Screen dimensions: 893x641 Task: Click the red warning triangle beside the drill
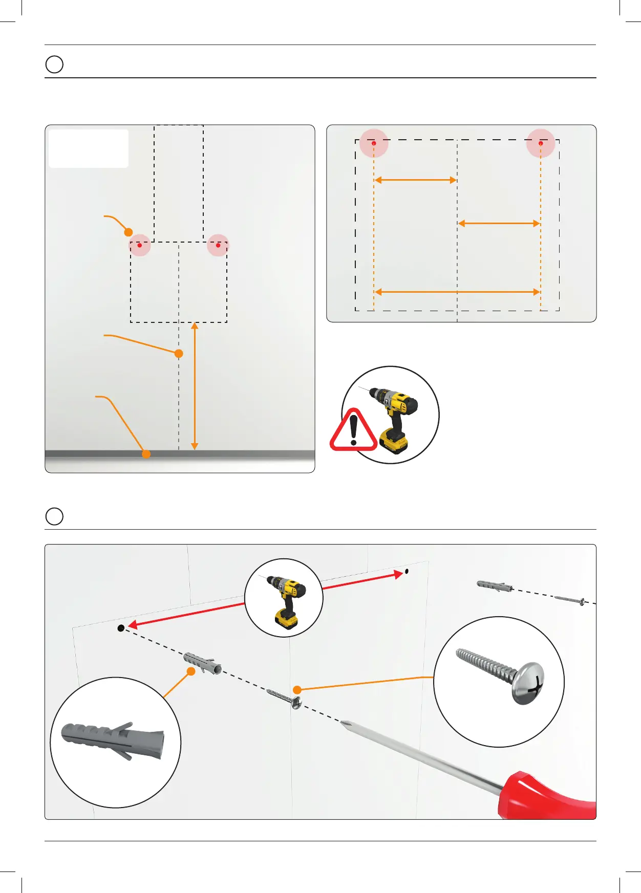coord(353,431)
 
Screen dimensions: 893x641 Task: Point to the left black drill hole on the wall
coord(121,628)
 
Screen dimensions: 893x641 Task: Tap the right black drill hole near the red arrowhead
coord(407,571)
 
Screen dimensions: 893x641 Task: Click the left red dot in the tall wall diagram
coord(139,245)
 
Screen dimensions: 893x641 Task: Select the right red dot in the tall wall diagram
coord(218,245)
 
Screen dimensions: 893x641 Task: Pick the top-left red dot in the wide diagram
coord(374,143)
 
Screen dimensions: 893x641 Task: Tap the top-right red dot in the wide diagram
coord(541,143)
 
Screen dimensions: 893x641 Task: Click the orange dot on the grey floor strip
coord(146,454)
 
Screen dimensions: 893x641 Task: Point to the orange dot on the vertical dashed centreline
coord(179,353)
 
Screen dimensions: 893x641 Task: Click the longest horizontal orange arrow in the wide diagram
coord(457,292)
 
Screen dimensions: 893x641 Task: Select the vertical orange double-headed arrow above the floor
coord(195,386)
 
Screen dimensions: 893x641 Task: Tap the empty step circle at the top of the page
coord(54,64)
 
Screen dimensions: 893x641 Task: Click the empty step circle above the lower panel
coord(54,516)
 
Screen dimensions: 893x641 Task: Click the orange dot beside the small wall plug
coord(191,671)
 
